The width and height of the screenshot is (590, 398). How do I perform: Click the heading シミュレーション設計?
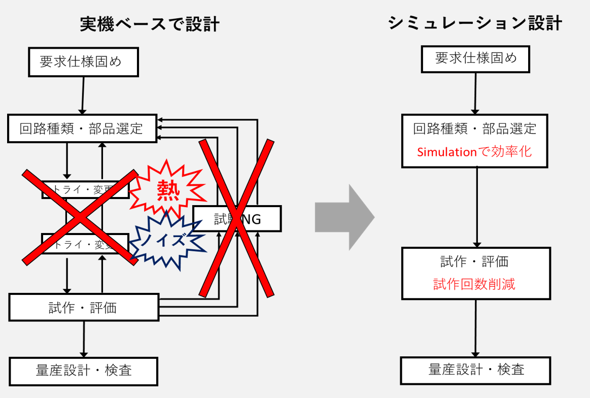click(x=475, y=23)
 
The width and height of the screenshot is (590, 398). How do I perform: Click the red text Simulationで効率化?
click(x=474, y=151)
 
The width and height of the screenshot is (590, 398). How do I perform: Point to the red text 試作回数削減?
click(x=474, y=284)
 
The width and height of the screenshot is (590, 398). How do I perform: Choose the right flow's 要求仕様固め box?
click(x=476, y=58)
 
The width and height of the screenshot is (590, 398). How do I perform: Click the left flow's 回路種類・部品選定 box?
click(x=82, y=128)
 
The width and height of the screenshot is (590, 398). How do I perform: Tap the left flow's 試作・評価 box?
click(x=84, y=307)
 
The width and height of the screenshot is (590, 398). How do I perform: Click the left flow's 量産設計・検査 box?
click(x=84, y=370)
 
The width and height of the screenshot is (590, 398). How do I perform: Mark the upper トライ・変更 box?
click(x=84, y=190)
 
